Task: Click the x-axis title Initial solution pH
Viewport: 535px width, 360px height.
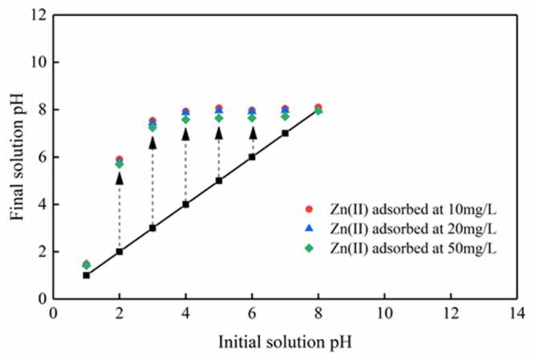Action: (284, 340)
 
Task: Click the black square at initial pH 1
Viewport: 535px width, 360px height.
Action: (87, 275)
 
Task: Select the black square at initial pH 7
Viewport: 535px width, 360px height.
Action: (285, 133)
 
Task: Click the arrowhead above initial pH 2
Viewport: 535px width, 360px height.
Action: (120, 178)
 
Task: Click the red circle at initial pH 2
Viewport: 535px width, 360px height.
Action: (120, 160)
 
